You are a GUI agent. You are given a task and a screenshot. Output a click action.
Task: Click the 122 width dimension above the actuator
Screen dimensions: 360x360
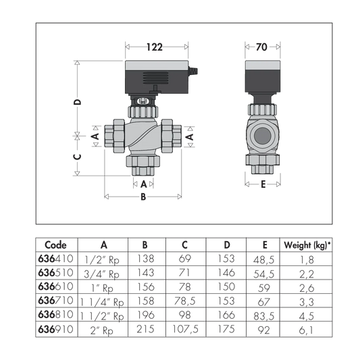pyautogui.click(x=155, y=47)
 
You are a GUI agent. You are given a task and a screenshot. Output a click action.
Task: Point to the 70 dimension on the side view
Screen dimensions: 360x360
pyautogui.click(x=261, y=47)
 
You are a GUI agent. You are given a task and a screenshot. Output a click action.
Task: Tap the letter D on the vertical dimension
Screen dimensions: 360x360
pyautogui.click(x=78, y=102)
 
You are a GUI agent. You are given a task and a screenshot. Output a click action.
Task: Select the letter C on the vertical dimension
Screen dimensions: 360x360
pyautogui.click(x=78, y=157)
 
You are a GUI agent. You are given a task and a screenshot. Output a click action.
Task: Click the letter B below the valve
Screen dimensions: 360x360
pyautogui.click(x=143, y=197)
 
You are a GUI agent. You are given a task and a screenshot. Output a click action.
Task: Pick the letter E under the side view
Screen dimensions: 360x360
pyautogui.click(x=263, y=184)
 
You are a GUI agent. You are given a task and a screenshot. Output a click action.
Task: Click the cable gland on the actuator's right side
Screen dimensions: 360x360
pyautogui.click(x=193, y=71)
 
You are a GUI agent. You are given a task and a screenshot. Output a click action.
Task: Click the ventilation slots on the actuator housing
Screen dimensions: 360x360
pyautogui.click(x=156, y=78)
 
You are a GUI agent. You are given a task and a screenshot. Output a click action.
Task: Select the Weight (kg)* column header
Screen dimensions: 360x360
pyautogui.click(x=307, y=245)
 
